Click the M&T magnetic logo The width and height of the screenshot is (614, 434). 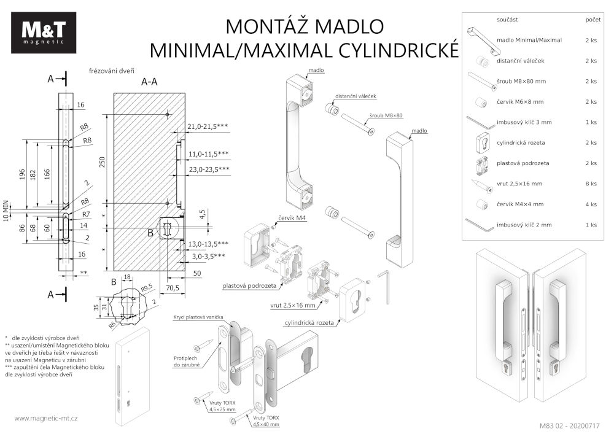click(44, 33)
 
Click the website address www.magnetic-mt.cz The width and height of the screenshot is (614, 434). click(45, 418)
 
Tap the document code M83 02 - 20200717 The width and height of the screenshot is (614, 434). click(569, 425)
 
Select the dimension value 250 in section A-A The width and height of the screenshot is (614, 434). click(103, 161)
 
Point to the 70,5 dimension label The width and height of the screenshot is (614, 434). click(173, 287)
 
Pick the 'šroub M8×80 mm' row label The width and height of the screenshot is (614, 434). click(521, 81)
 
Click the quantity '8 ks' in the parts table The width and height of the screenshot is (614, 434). click(591, 184)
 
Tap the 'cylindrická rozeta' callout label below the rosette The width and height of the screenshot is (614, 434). click(308, 322)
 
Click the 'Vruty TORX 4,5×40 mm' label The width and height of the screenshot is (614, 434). click(266, 420)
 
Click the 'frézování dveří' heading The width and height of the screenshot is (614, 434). click(112, 71)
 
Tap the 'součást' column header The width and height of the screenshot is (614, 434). click(507, 20)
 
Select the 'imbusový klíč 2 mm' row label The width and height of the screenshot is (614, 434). click(524, 225)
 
